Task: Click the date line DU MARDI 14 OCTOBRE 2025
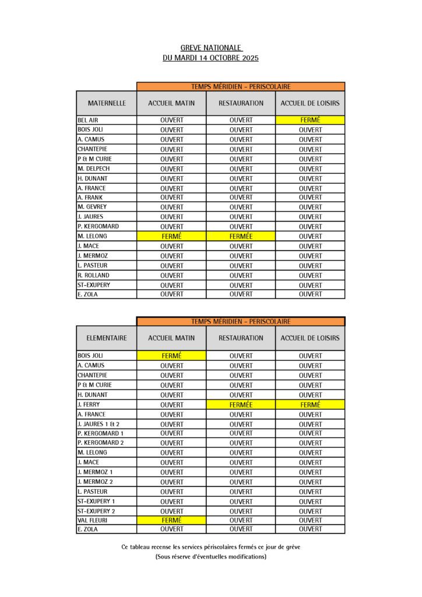click(211, 58)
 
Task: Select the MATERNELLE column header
click(107, 103)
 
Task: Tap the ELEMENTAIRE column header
click(107, 338)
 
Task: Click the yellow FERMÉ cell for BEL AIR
click(310, 120)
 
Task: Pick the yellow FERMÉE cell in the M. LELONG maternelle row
click(241, 236)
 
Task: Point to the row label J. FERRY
click(88, 404)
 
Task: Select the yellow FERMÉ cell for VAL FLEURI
click(171, 520)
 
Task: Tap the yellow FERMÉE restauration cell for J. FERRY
click(241, 404)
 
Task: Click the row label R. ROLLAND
click(93, 275)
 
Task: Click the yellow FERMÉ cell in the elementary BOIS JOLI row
click(171, 355)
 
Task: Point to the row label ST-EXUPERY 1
click(96, 501)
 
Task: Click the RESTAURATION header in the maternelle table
click(241, 103)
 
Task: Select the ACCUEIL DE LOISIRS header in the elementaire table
click(310, 338)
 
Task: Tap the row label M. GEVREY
click(92, 207)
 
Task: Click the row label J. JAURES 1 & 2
click(99, 424)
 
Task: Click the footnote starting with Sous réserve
click(211, 557)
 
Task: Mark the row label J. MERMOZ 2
click(95, 482)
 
